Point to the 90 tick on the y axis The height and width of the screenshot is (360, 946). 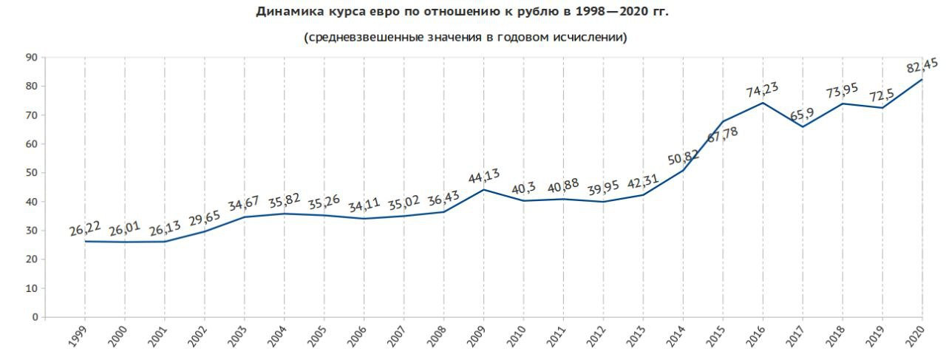coord(32,58)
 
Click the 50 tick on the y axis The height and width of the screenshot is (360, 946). coord(32,173)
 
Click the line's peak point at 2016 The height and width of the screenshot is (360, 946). coord(763,103)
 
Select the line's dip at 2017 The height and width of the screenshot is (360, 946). coord(803,126)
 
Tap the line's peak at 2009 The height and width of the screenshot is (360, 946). coord(484,189)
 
